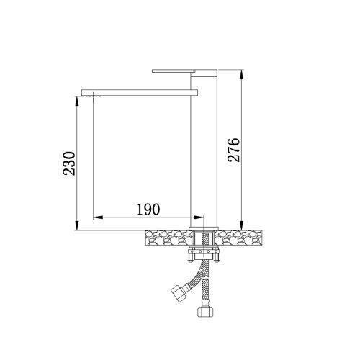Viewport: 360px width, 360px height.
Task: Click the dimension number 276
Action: coord(234,150)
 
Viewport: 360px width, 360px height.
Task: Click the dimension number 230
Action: coord(69,163)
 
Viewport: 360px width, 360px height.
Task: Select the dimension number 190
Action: coord(148,210)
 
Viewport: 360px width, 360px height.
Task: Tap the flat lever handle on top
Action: coord(174,71)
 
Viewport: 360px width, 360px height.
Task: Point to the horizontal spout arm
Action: coord(140,93)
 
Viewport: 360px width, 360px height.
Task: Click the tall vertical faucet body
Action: coord(204,149)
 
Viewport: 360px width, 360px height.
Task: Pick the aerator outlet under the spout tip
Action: coord(93,96)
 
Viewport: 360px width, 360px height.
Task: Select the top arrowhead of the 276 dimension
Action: coord(242,74)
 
